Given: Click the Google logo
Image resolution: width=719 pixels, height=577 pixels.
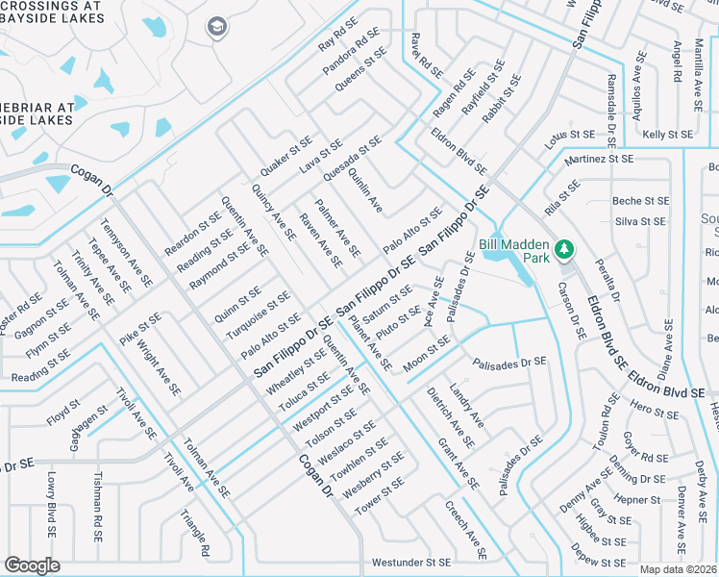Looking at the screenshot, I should [32, 565].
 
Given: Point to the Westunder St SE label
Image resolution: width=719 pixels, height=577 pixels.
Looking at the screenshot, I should [411, 562].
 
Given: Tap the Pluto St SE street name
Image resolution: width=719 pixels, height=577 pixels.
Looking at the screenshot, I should [399, 323].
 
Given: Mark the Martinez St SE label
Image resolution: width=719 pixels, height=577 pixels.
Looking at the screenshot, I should [600, 159].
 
